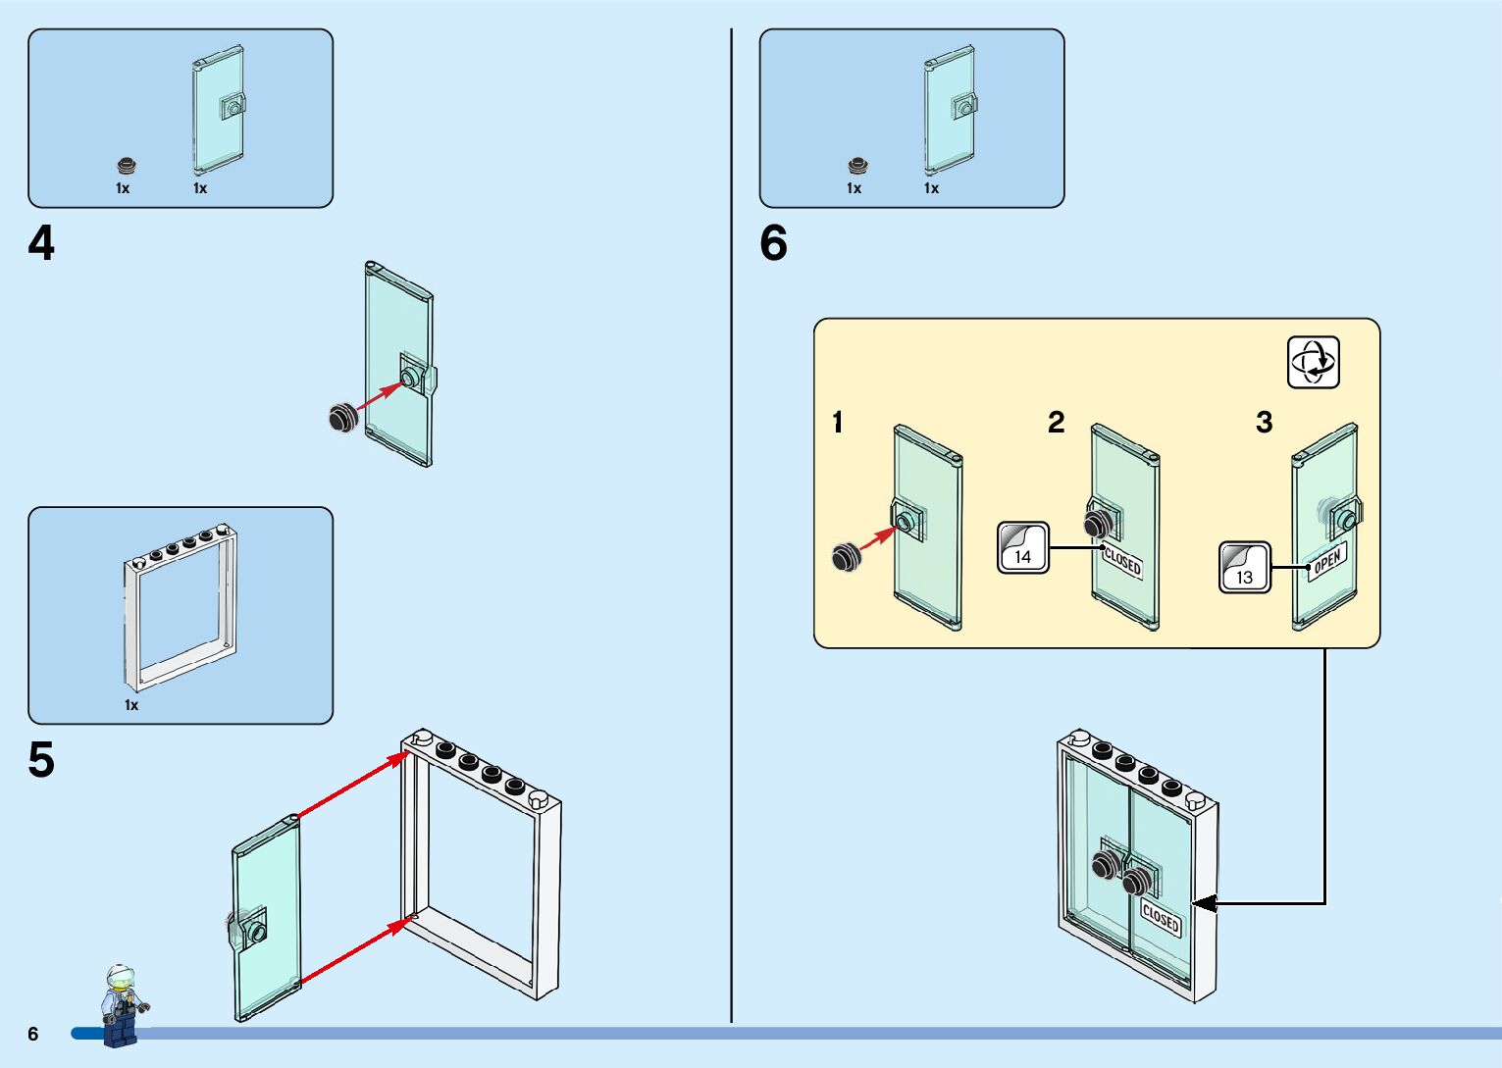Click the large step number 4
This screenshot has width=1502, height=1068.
[x=41, y=243]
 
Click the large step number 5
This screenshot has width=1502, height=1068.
[x=41, y=760]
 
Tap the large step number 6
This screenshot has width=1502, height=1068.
[x=773, y=243]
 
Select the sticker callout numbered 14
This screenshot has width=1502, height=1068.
[x=1023, y=547]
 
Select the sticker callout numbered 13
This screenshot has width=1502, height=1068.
[x=1245, y=568]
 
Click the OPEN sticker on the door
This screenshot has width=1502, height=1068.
[x=1327, y=562]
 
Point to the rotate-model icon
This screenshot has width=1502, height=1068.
[x=1313, y=363]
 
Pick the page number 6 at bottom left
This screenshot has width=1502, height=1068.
[x=33, y=1034]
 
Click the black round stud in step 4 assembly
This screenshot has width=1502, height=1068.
[x=341, y=418]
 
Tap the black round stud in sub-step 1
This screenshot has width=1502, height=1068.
[x=845, y=557]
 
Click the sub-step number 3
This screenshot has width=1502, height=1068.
[x=1264, y=423]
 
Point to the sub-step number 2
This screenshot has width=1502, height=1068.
[x=1056, y=423]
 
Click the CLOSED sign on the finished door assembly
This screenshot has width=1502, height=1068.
[x=1161, y=919]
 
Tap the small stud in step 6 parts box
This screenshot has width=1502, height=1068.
[x=857, y=166]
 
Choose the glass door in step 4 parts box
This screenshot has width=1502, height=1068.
[x=219, y=110]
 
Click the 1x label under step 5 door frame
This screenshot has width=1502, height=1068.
[x=131, y=705]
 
